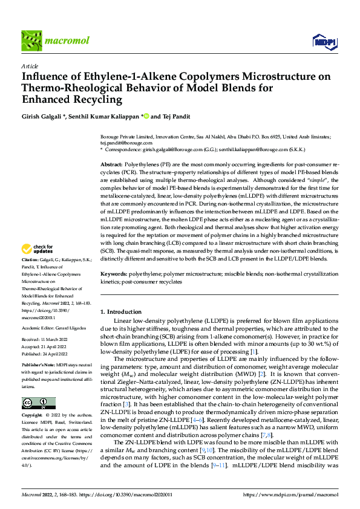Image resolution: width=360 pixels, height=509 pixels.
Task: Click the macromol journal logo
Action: pyautogui.click(x=55, y=41)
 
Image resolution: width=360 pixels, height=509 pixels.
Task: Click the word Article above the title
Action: pyautogui.click(x=30, y=66)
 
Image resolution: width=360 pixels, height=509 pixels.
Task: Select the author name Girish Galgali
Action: pyautogui.click(x=42, y=115)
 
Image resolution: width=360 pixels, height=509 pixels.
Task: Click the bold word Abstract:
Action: pyautogui.click(x=111, y=164)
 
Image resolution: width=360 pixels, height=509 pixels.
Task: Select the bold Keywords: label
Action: pyautogui.click(x=114, y=274)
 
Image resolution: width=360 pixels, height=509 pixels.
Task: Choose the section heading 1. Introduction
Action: pyautogui.click(x=120, y=311)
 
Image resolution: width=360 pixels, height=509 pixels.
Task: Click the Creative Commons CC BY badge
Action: pyautogui.click(x=38, y=403)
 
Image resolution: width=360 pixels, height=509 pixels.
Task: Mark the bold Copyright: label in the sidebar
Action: pyautogui.click(x=33, y=416)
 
